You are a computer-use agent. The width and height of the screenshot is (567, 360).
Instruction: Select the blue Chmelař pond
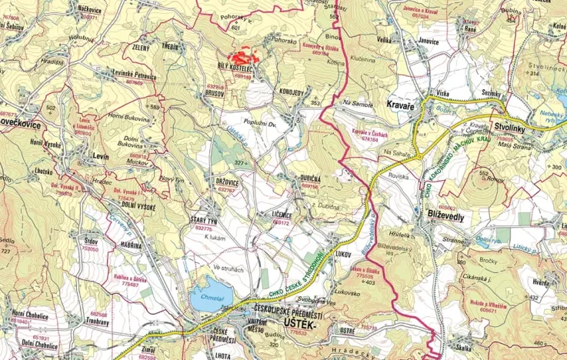click(x=210, y=298)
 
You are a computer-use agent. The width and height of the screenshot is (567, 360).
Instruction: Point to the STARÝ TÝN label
click(x=204, y=222)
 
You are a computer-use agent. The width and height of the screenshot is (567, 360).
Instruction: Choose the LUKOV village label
click(x=343, y=252)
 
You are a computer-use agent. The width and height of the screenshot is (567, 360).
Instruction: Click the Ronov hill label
click(x=493, y=178)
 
